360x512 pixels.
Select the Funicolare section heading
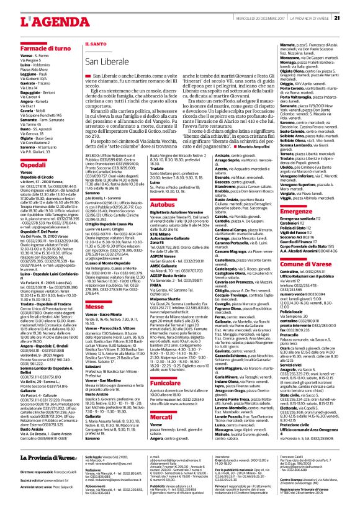click(164, 350)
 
